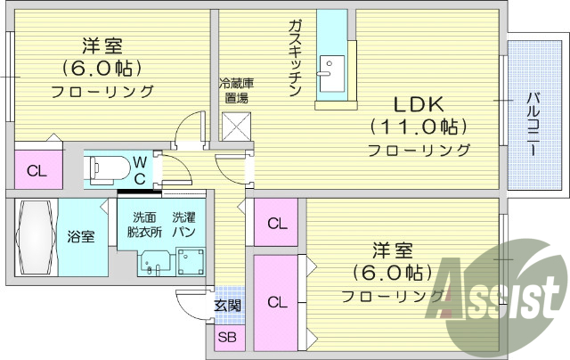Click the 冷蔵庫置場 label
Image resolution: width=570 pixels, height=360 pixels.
coord(235,90)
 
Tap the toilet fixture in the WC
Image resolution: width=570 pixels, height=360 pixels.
coord(107,166)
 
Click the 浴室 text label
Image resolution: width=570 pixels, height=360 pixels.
coord(81,237)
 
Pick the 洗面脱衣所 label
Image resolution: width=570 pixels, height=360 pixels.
coord(143,224)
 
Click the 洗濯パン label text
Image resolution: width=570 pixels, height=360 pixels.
coord(185,224)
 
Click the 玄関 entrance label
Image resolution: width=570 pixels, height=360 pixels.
coord(227,306)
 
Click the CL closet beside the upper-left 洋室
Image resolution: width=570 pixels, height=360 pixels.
coord(37,170)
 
